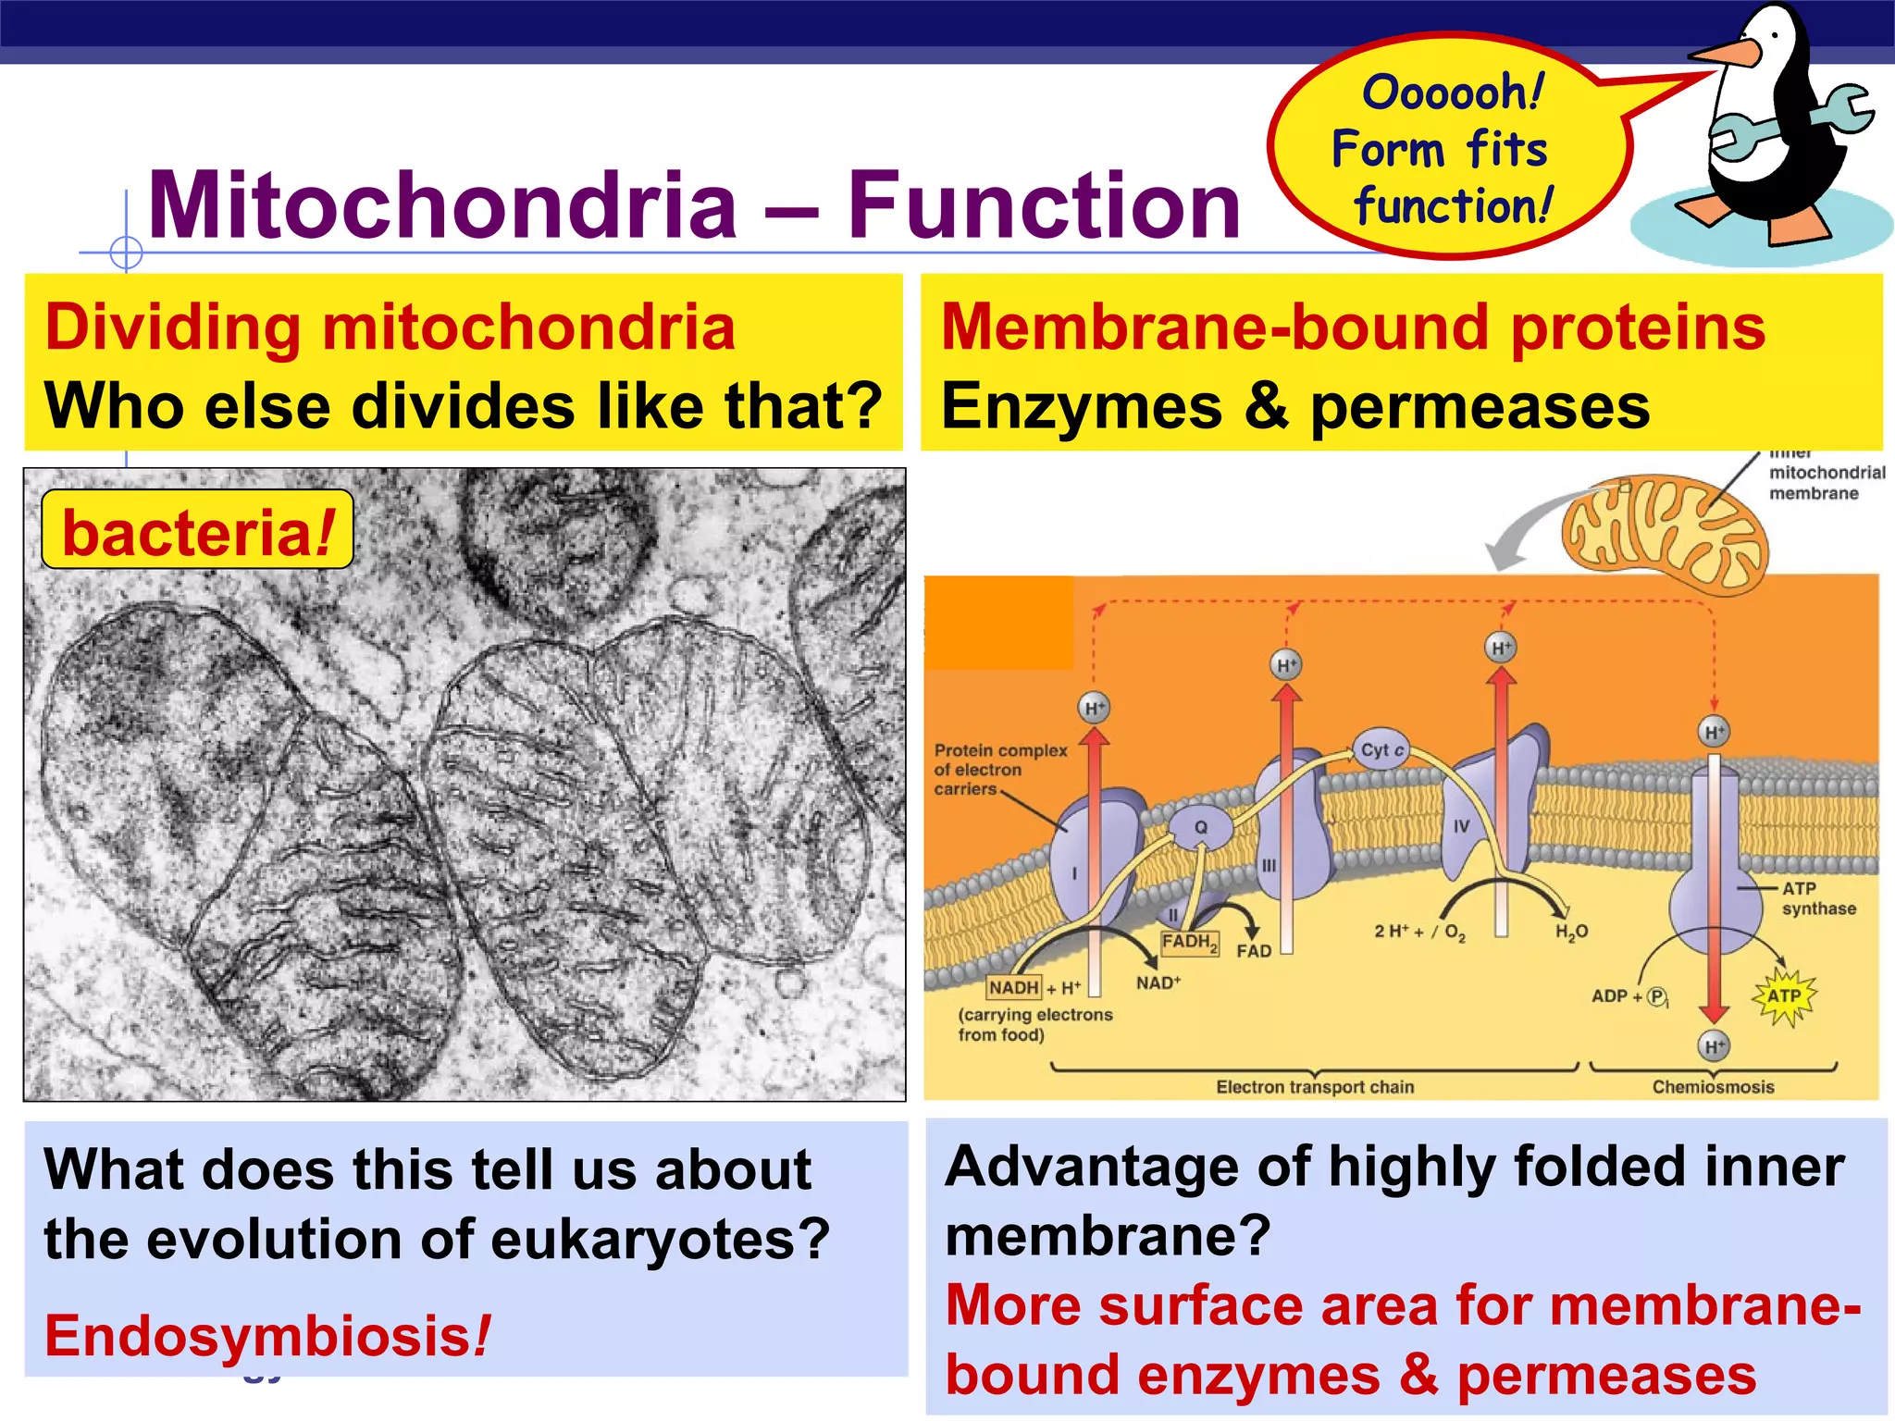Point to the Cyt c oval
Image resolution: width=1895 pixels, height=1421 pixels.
click(1382, 749)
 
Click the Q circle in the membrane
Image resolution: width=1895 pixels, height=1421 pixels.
click(1200, 827)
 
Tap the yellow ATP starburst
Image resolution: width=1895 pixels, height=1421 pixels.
click(1784, 996)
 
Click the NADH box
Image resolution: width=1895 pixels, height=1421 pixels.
click(1014, 987)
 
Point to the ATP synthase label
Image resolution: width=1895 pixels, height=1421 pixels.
click(1818, 898)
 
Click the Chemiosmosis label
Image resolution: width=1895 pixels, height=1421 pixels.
click(1713, 1087)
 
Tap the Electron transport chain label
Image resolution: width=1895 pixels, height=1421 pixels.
click(1315, 1087)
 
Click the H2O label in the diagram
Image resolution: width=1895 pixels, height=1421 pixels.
click(1571, 932)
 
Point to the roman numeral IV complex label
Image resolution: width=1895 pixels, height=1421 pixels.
click(1461, 826)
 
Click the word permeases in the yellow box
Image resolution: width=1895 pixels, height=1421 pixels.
click(1480, 407)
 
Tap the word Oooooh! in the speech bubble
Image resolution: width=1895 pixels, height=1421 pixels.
click(1453, 93)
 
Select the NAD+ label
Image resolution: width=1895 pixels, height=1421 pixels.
click(1158, 982)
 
